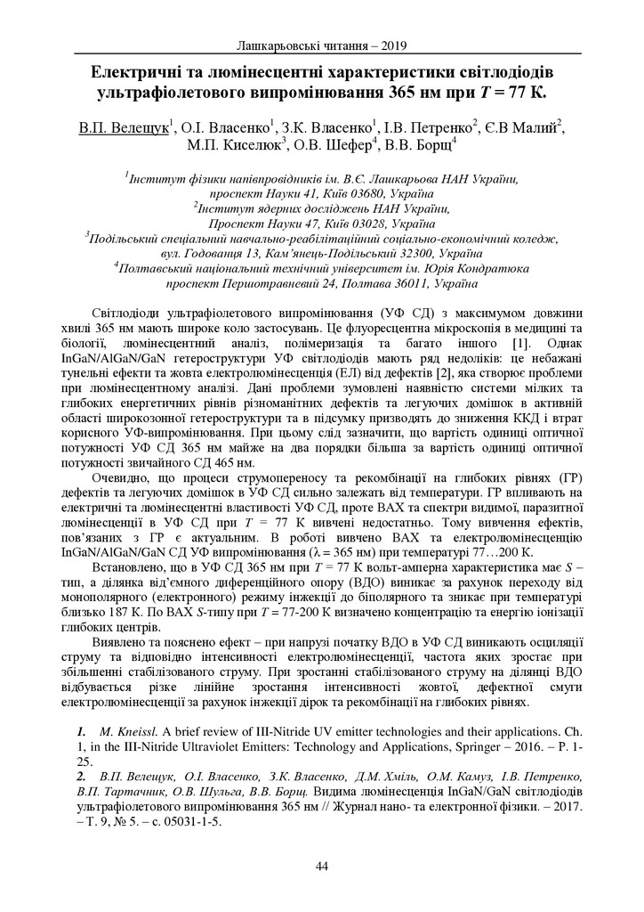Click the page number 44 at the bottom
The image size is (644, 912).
(322, 866)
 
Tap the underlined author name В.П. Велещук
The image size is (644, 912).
(123, 127)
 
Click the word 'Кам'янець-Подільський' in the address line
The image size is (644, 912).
(308, 254)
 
